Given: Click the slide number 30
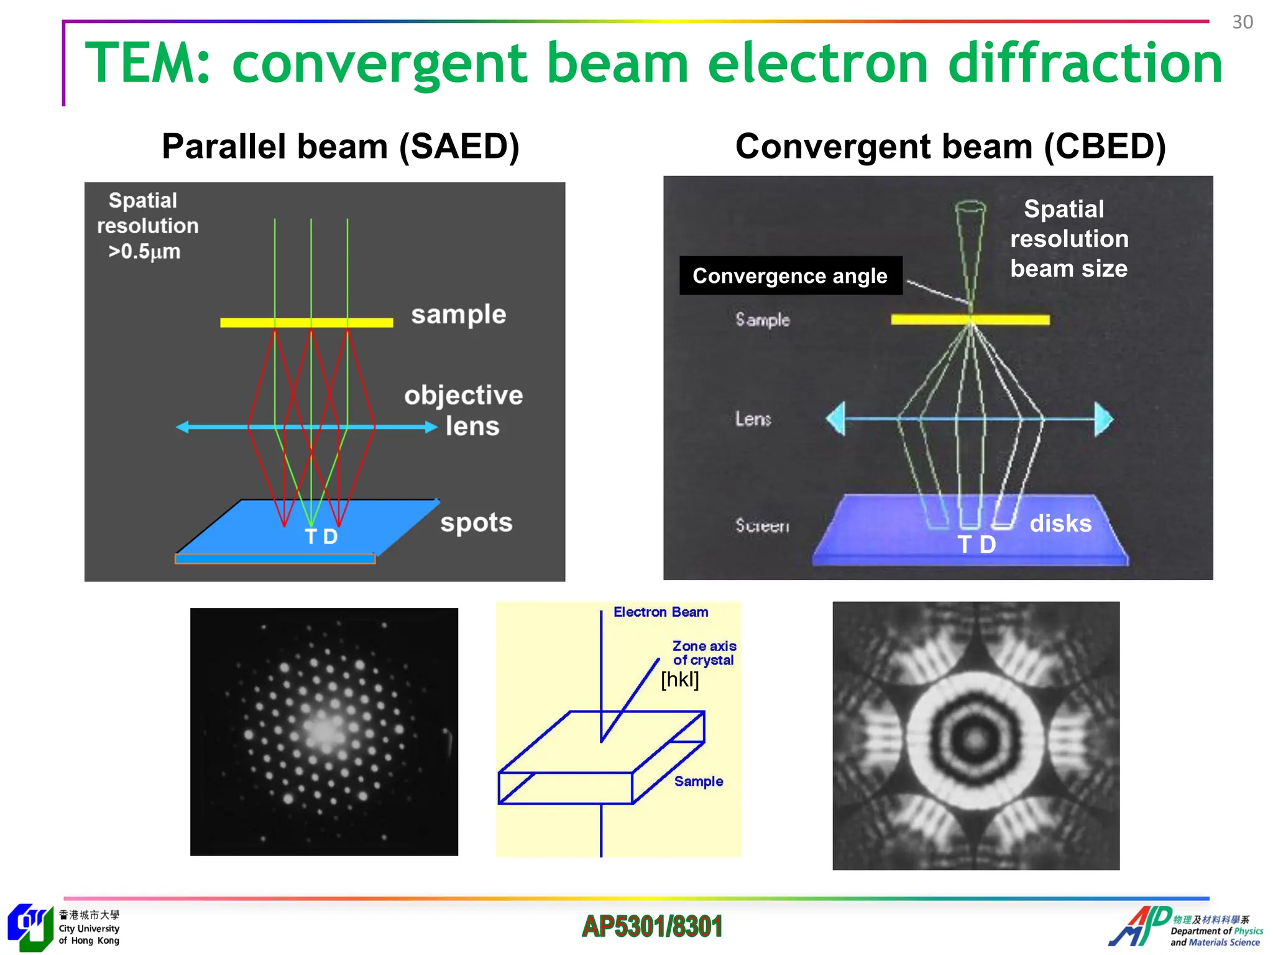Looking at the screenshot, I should point(1242,22).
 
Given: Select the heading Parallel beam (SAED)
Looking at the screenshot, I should point(340,147).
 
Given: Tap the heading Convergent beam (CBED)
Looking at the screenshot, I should point(950,147).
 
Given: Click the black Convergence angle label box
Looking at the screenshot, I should point(790,275).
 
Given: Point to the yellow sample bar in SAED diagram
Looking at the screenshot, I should point(306,322).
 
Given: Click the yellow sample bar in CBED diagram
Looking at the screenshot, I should point(970,320).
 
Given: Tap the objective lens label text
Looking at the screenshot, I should point(464,410).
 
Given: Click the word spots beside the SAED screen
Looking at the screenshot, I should point(476,523).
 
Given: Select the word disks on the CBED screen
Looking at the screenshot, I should point(1060,524).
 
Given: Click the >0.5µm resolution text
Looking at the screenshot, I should point(144,252).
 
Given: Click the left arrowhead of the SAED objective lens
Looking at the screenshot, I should point(183,427).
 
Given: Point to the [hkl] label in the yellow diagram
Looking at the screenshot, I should point(679,680).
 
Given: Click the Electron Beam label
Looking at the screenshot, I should point(660,612).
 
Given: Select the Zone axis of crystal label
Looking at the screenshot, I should point(704,653).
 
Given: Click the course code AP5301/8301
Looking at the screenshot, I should point(652,926).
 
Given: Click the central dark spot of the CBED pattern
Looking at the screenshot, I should point(975,737).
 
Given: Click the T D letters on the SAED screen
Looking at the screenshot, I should point(321,537).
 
